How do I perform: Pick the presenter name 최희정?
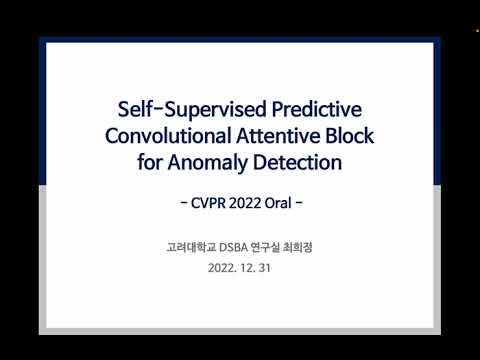301,247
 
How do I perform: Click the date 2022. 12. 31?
240,269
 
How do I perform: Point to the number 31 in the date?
265,269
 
